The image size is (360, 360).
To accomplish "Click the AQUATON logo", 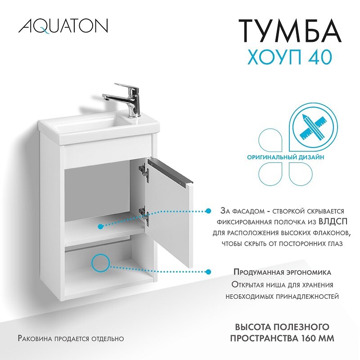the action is tap(63, 26).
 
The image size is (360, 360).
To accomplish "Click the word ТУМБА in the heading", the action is tap(289, 31).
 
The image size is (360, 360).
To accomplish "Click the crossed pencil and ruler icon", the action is tap(313, 127).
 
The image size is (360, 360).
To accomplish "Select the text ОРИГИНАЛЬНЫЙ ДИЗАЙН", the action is tap(285, 157).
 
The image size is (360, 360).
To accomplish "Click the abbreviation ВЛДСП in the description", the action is tap(333, 221).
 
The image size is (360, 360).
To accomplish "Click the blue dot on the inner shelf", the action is tap(100, 227).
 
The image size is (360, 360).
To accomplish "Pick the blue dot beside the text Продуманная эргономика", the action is tap(208, 272).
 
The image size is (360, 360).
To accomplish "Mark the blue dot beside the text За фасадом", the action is tap(208, 211).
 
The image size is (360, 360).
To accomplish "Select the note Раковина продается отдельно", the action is tap(71, 338).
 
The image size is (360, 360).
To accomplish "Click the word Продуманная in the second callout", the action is tap(258, 272).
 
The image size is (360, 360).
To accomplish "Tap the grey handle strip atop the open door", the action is tap(171, 170).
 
